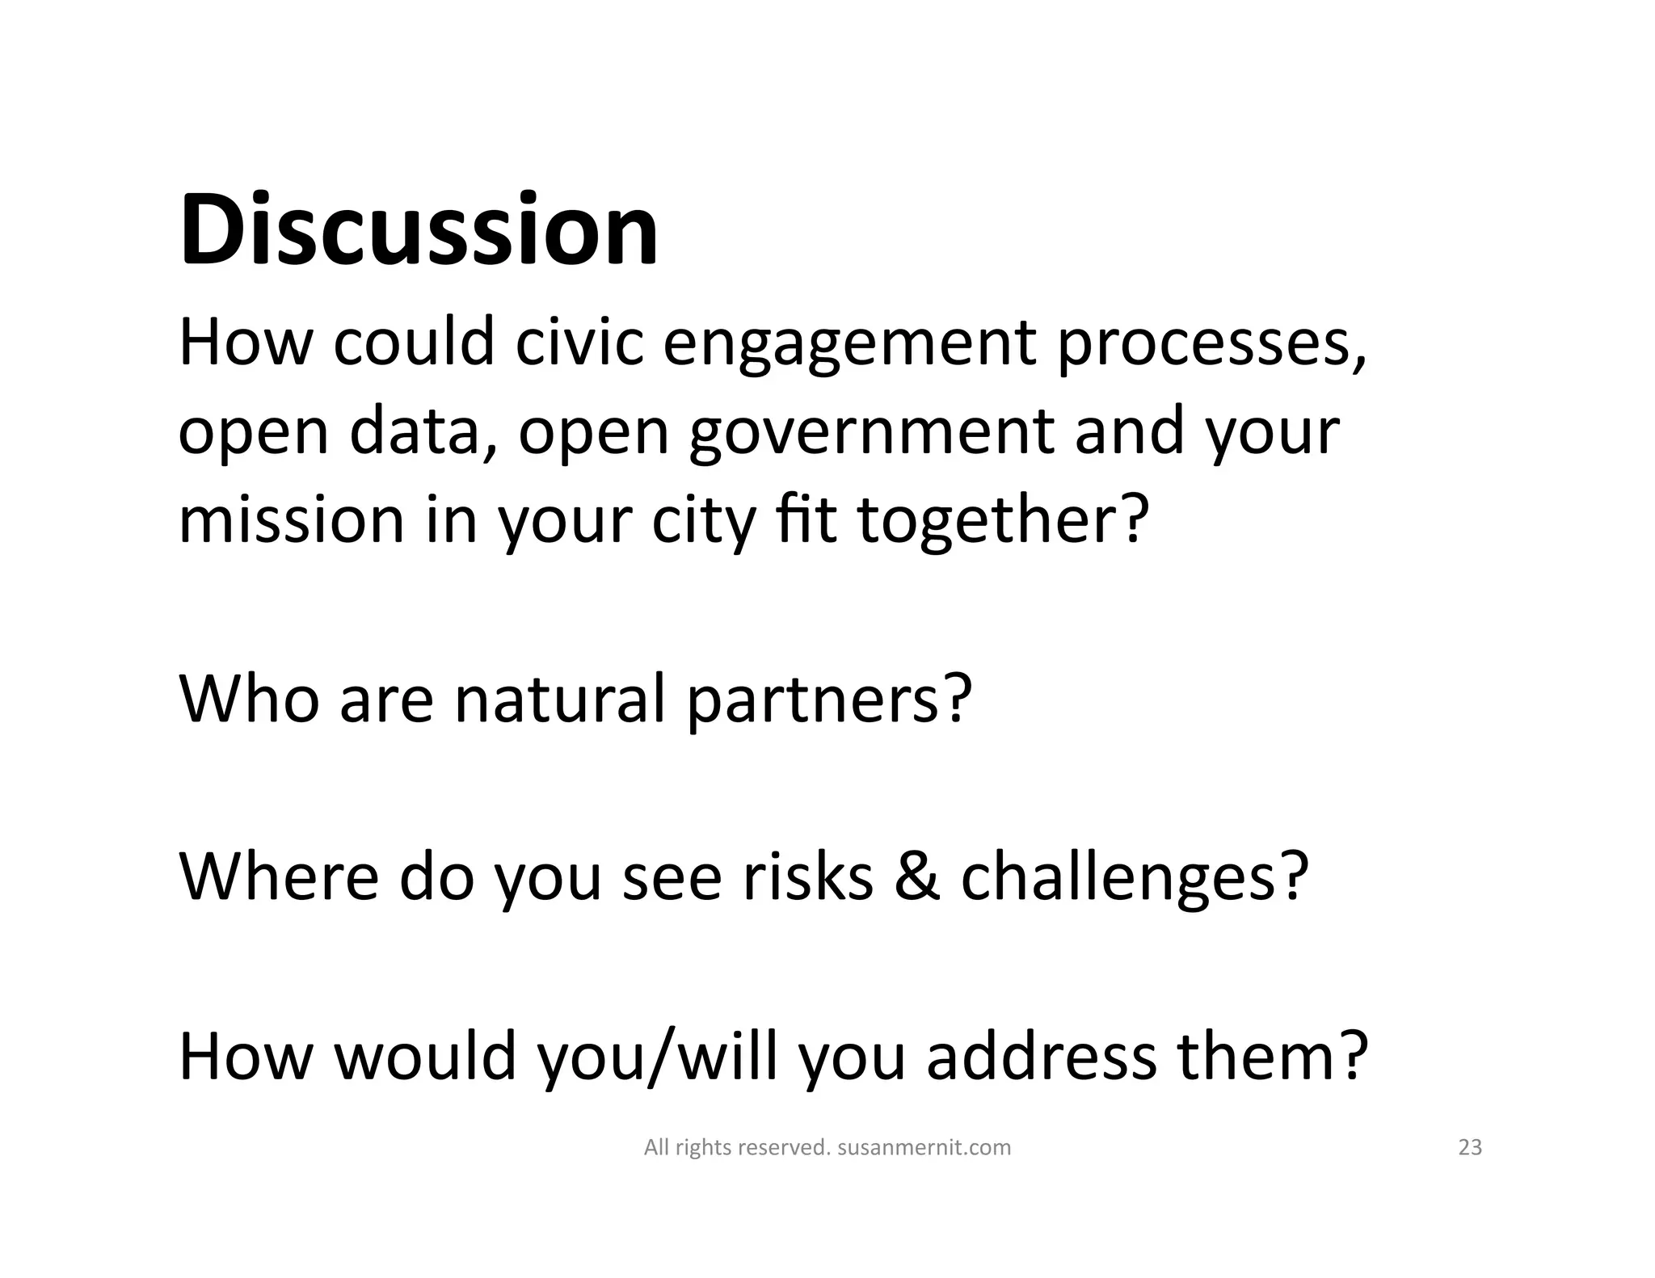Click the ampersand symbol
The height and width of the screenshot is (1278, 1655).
point(917,876)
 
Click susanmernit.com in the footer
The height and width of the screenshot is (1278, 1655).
point(924,1147)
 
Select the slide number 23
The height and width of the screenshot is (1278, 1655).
point(1469,1147)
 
